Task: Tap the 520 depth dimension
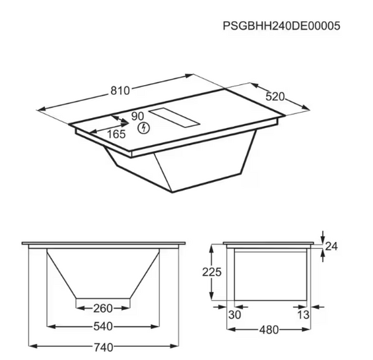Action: coord(275,96)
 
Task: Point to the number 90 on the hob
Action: coord(137,116)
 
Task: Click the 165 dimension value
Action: coord(116,134)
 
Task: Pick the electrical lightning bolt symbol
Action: coord(141,129)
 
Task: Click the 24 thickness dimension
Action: coord(331,247)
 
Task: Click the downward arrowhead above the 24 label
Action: coord(322,239)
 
